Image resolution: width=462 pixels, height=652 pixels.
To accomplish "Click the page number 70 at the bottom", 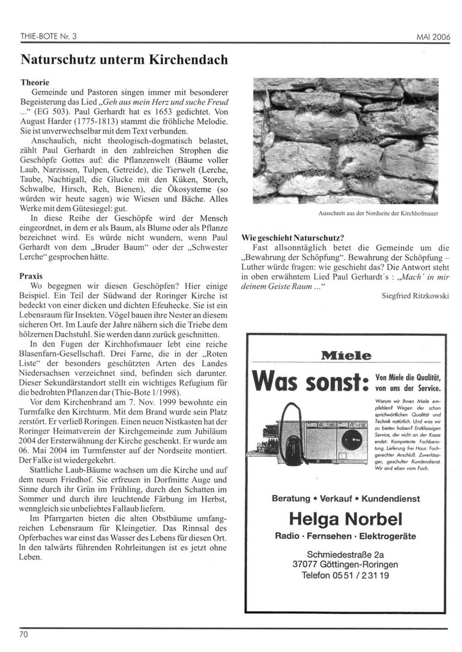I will [x=24, y=635].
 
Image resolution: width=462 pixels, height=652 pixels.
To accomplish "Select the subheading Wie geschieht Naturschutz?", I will [x=292, y=237].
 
